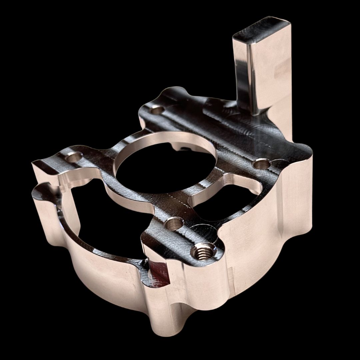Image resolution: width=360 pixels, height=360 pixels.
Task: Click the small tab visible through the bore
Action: coord(182,148)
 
